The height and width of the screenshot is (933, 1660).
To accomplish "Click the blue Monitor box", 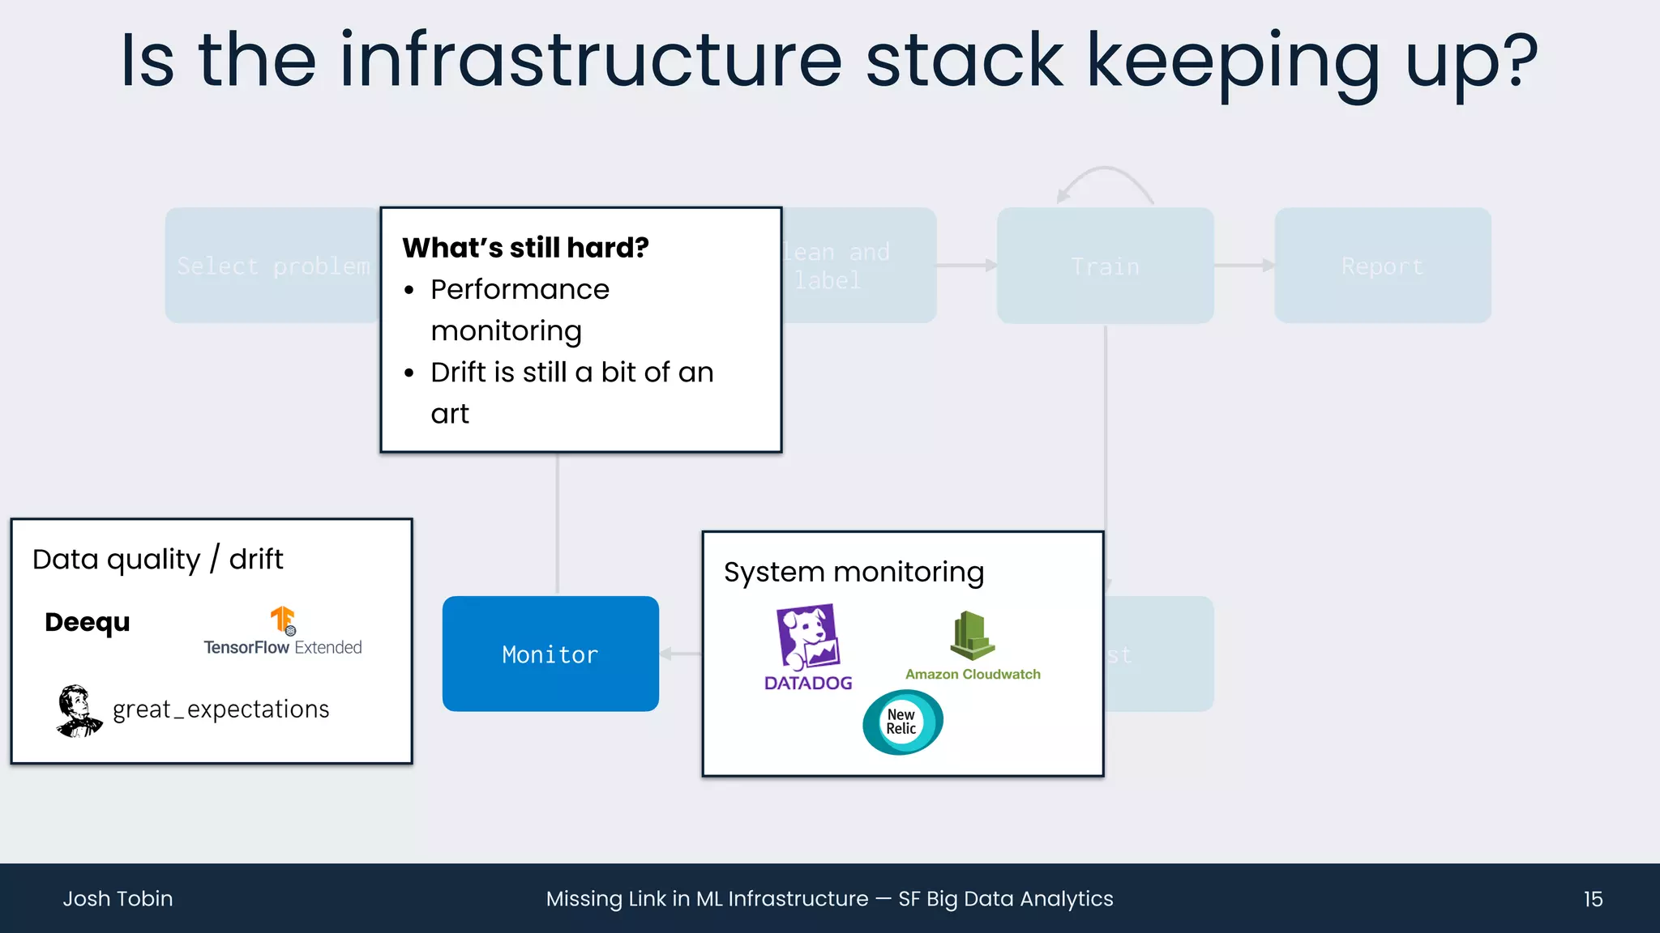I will tap(550, 654).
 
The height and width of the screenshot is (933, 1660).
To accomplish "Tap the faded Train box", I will tap(1105, 266).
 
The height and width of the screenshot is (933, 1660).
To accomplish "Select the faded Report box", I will tap(1382, 266).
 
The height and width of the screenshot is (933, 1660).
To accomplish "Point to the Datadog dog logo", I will tap(807, 637).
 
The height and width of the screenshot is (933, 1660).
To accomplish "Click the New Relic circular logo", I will tap(902, 722).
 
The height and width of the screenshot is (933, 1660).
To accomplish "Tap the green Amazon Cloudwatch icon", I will tap(972, 636).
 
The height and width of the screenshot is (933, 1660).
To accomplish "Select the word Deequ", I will tap(88, 622).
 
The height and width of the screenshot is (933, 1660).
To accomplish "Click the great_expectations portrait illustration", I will tap(78, 711).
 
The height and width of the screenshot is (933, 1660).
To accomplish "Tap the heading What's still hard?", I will tap(525, 247).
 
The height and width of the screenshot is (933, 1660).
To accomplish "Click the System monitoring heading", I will tap(854, 572).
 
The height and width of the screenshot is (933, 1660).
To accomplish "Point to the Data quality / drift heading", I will tap(157, 559).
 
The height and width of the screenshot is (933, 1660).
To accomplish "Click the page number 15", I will tap(1593, 899).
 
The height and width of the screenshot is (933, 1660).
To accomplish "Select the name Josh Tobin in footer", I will tap(118, 899).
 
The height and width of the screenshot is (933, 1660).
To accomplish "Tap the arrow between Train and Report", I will tap(1244, 266).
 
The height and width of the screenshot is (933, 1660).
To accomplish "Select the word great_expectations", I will tap(220, 709).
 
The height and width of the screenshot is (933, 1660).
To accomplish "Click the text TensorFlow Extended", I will tap(282, 647).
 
